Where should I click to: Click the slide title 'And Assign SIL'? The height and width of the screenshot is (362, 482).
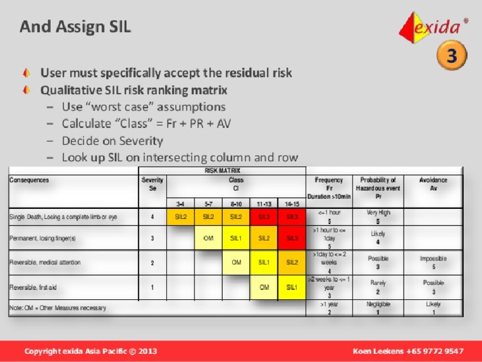pyautogui.click(x=75, y=26)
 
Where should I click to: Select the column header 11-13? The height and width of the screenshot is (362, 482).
pyautogui.click(x=264, y=204)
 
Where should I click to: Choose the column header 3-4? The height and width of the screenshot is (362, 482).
pyautogui.click(x=180, y=204)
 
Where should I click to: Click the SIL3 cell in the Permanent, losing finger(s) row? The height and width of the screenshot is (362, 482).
pyautogui.click(x=292, y=238)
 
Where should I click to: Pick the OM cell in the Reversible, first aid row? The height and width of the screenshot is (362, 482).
pyautogui.click(x=264, y=287)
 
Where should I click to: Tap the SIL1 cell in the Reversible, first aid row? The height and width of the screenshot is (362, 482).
pyautogui.click(x=292, y=287)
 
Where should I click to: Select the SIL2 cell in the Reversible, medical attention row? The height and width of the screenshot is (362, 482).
pyautogui.click(x=292, y=262)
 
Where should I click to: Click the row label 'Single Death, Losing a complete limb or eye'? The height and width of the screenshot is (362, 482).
pyautogui.click(x=63, y=218)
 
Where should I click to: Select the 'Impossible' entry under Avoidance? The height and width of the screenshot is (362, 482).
pyautogui.click(x=433, y=258)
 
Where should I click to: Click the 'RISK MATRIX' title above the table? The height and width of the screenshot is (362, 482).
pyautogui.click(x=223, y=170)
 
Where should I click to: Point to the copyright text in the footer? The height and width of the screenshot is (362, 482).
pyautogui.click(x=91, y=351)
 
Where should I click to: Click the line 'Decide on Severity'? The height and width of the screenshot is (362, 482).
pyautogui.click(x=112, y=141)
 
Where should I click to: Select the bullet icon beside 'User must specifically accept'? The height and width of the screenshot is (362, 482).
pyautogui.click(x=26, y=73)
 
